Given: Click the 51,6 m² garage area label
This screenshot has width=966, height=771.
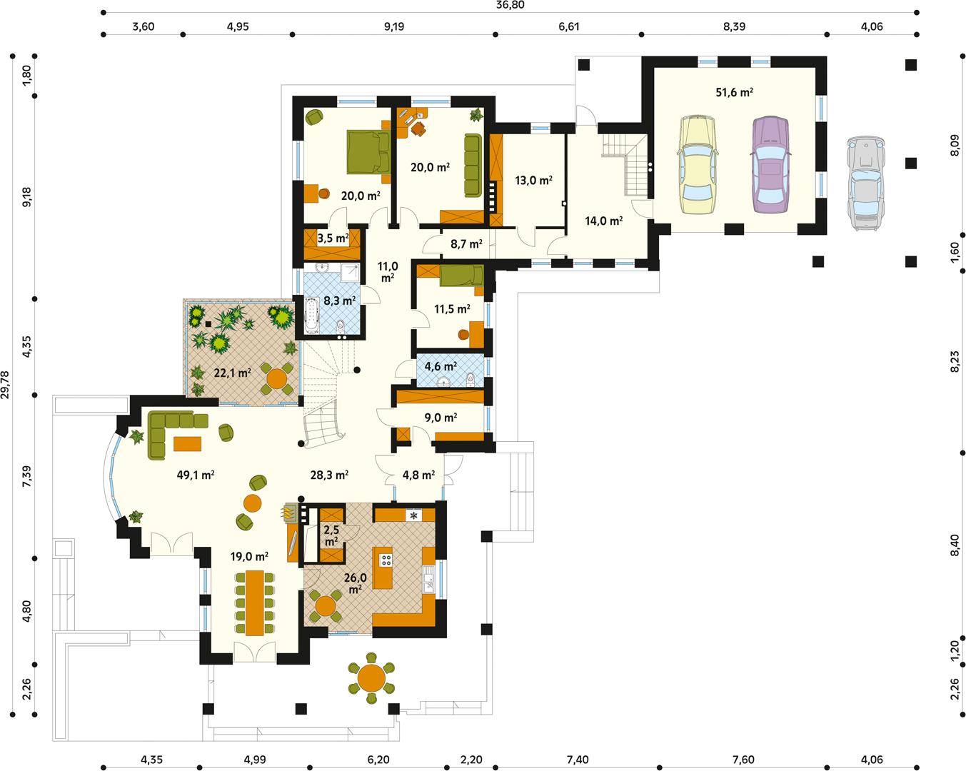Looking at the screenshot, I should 735,92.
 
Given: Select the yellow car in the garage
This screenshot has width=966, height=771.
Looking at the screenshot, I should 697,166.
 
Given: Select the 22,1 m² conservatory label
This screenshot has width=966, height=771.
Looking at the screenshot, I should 232,373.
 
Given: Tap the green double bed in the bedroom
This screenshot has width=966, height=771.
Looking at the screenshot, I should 367,151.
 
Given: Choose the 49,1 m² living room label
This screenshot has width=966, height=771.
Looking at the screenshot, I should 196,474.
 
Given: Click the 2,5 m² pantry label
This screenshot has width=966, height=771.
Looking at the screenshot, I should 331,535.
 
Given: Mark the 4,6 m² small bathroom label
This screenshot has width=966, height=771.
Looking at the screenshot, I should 441,367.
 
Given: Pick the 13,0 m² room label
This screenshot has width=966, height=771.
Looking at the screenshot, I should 533,181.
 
